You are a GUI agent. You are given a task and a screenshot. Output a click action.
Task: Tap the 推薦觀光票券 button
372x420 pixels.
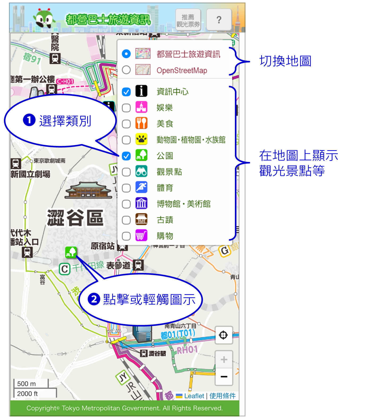188,20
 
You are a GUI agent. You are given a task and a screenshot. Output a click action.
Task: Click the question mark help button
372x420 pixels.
219,20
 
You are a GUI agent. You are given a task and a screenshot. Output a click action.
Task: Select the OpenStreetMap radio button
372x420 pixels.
126,70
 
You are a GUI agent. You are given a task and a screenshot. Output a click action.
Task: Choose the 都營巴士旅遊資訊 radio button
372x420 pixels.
126,54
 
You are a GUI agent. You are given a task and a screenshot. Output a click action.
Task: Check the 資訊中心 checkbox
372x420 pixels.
126,92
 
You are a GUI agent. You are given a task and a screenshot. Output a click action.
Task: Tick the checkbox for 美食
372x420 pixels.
126,124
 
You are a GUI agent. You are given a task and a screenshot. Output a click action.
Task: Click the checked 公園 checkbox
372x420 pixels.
126,156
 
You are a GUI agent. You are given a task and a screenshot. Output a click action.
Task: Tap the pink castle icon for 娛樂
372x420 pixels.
141,107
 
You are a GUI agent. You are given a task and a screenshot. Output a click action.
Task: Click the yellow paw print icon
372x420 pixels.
141,139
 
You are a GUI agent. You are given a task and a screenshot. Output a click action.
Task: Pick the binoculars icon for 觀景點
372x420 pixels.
141,172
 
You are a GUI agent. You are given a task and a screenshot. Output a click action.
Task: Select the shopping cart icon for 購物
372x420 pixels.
141,236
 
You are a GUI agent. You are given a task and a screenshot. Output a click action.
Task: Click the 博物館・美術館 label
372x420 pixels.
183,204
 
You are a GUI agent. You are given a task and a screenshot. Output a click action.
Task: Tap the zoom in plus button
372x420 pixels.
224,359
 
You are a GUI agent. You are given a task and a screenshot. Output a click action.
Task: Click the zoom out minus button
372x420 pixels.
224,376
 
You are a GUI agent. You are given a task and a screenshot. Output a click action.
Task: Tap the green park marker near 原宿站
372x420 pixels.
71,252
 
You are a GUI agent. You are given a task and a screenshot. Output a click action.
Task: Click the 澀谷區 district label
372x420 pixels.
75,218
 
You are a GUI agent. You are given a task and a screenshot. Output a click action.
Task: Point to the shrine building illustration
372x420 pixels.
88,190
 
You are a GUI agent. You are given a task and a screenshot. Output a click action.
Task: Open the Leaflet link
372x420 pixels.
194,396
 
